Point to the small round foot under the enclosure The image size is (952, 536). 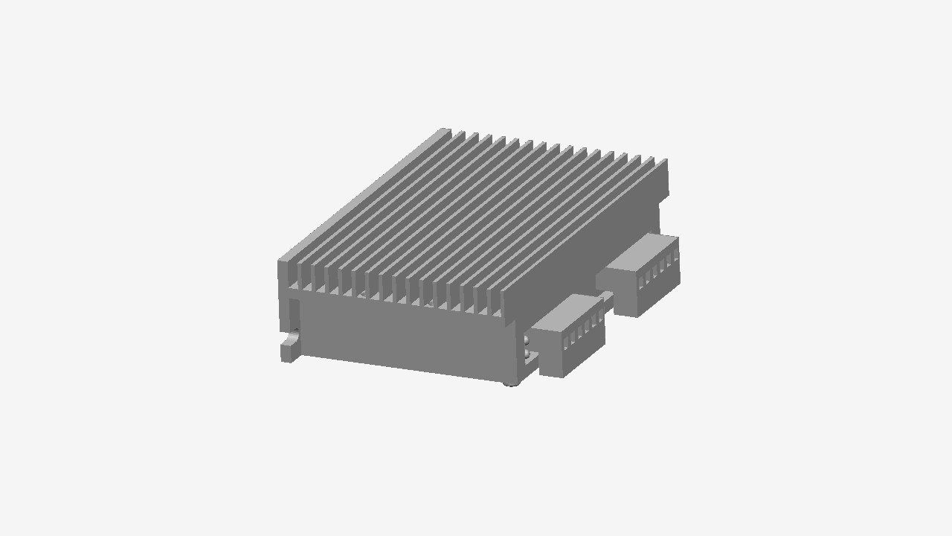(x=510, y=383)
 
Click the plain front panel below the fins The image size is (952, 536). (x=402, y=339)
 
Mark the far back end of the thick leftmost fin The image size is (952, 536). (x=445, y=132)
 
